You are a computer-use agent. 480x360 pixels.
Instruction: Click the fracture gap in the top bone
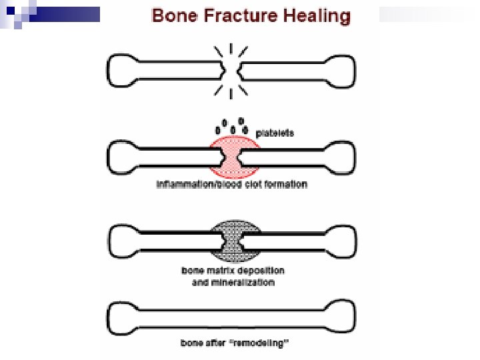231,69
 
